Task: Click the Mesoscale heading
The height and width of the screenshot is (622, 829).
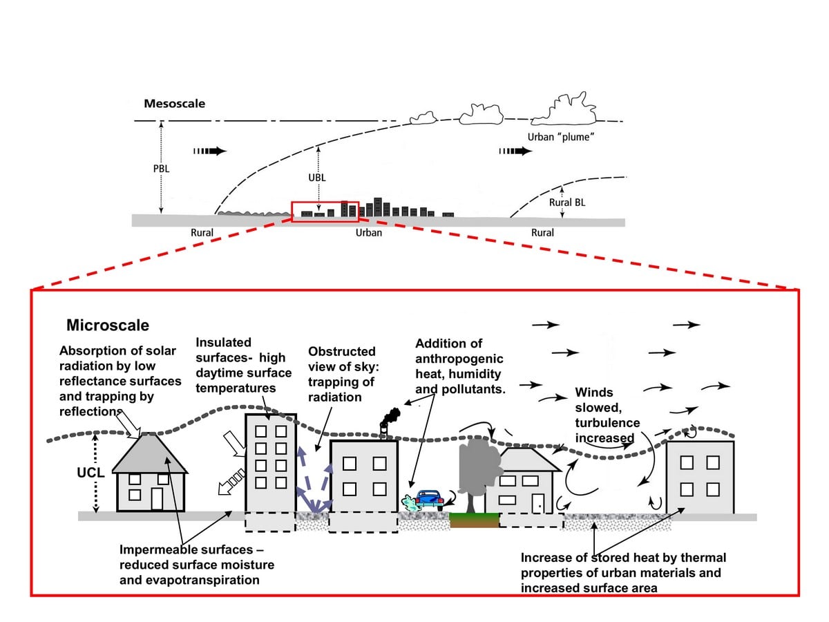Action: pyautogui.click(x=175, y=104)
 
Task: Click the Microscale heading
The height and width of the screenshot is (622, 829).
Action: pyautogui.click(x=108, y=325)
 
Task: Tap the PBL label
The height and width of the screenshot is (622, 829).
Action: pyautogui.click(x=161, y=169)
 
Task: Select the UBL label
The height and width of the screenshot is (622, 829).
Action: pyautogui.click(x=317, y=178)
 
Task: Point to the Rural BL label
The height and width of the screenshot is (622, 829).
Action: pyautogui.click(x=567, y=202)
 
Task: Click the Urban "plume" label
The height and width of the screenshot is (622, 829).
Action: pyautogui.click(x=560, y=137)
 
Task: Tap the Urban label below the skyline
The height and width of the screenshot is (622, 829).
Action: pyautogui.click(x=369, y=233)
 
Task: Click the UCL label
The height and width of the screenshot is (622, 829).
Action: pyautogui.click(x=90, y=473)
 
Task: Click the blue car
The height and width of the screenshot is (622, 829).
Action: pyautogui.click(x=430, y=500)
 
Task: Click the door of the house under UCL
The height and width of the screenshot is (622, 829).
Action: pyautogui.click(x=157, y=499)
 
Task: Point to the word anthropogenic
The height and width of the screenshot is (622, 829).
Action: pyautogui.click(x=459, y=359)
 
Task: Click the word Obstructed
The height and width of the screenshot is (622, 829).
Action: pyautogui.click(x=342, y=351)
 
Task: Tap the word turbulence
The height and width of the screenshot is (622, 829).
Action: pyautogui.click(x=607, y=422)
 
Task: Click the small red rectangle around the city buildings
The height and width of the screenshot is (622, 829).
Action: pyautogui.click(x=325, y=211)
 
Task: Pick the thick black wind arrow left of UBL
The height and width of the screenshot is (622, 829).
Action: pyautogui.click(x=210, y=151)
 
